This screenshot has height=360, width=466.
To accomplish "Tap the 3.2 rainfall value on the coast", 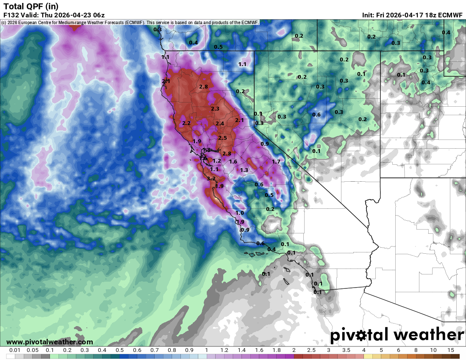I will (x=211, y=179).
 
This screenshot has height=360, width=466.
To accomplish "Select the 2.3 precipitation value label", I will (x=215, y=109).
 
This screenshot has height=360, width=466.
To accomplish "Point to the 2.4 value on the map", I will (x=219, y=123).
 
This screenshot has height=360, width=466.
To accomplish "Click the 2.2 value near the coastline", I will (x=186, y=123).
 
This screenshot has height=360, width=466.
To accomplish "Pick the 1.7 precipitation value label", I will (x=276, y=161).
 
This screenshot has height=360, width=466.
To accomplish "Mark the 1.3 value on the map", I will (x=244, y=170).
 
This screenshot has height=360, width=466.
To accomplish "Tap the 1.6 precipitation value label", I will (x=233, y=161).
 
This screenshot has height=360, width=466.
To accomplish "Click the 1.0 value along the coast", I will (x=240, y=213).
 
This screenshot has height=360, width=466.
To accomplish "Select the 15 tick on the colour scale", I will (x=450, y=350).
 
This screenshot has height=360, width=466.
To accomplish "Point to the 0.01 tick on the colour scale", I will (x=15, y=350).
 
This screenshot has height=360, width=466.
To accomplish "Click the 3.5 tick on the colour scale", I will (x=346, y=350).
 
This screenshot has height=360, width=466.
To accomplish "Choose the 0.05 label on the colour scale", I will (x=33, y=350).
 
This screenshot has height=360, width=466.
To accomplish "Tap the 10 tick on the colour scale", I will (x=433, y=350).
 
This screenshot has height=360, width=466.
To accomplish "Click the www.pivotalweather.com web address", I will (x=50, y=342).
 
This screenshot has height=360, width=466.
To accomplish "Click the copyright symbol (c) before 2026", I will (x=4, y=22).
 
